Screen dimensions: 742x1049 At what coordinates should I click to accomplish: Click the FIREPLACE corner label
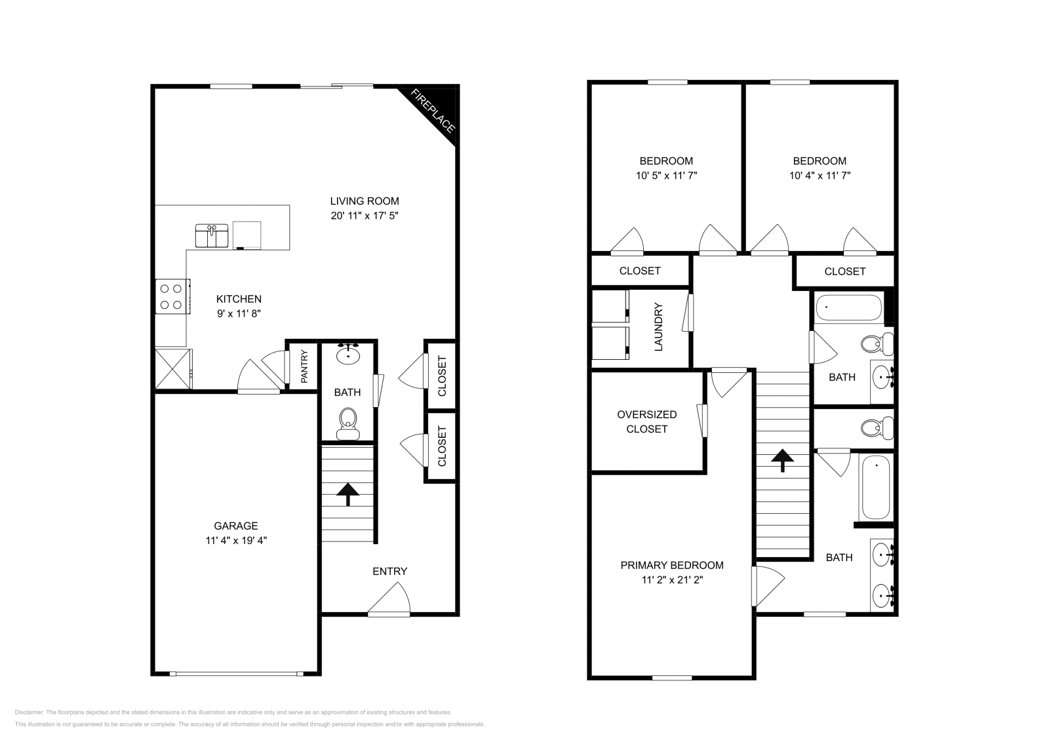433,111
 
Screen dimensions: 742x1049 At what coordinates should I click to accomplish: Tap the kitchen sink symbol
212,235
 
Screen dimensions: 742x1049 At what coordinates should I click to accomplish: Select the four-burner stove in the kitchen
172,296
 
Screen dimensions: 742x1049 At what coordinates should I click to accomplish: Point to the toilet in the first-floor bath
347,423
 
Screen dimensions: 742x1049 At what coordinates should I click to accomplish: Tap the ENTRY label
389,571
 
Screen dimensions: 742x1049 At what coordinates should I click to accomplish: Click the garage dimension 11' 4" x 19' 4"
236,541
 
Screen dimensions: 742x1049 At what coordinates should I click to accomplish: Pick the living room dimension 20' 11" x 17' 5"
365,215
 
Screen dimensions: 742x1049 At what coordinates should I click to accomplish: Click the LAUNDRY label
659,326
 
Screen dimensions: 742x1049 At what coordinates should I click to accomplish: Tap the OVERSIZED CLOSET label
646,421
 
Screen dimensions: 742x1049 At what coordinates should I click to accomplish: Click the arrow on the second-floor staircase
781,460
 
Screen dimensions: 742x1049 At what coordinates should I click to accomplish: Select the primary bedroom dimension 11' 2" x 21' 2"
672,579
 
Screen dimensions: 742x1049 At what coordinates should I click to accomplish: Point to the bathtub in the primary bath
875,488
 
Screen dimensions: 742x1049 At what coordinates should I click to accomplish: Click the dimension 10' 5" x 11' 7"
666,176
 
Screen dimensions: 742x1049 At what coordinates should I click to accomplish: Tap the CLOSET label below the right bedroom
844,271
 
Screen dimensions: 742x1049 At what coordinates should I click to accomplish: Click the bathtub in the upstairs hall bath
848,307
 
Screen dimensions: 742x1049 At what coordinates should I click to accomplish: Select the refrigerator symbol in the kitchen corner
174,369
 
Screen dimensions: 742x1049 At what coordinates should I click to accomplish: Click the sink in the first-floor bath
347,355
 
